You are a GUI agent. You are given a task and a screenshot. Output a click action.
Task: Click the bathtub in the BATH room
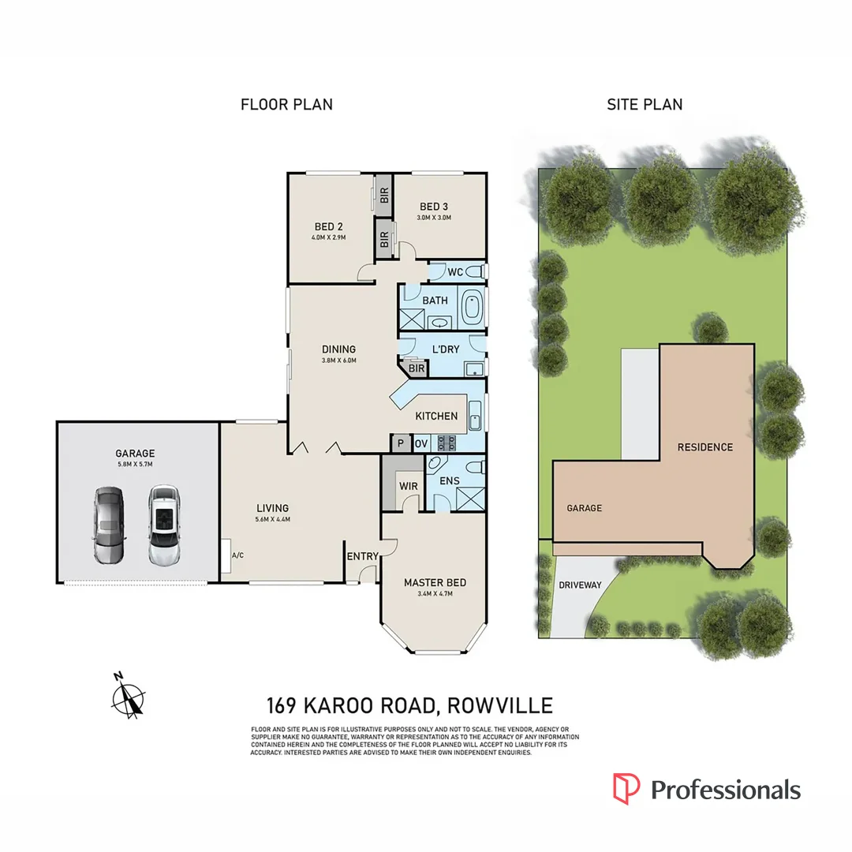472,307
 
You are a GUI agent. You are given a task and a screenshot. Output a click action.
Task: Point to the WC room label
455,272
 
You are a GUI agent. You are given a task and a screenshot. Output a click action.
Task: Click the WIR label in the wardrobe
408,486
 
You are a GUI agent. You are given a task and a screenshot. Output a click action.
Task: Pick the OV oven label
421,443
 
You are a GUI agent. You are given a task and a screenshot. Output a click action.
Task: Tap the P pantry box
401,443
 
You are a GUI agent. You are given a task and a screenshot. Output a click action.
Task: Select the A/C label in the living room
237,555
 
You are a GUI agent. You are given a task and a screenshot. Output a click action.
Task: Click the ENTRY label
363,556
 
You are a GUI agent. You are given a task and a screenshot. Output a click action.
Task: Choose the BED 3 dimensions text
434,218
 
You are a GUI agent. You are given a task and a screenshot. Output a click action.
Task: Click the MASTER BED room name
435,583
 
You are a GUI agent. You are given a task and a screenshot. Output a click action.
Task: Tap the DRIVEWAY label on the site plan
580,585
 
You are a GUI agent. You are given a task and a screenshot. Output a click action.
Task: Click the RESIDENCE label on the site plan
705,447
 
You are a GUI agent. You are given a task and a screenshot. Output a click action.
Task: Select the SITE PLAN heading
645,104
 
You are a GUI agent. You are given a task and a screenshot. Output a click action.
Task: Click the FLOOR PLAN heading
286,104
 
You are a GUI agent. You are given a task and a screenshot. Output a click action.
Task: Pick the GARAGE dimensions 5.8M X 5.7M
135,464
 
